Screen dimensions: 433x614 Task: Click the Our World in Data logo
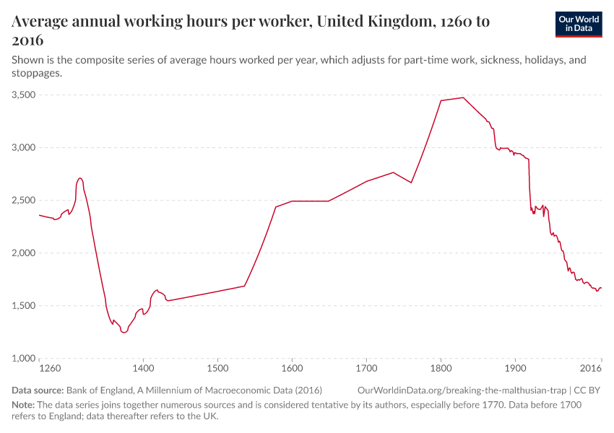click(x=578, y=24)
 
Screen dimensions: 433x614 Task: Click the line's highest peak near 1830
click(x=463, y=97)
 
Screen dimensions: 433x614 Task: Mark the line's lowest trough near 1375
click(x=124, y=333)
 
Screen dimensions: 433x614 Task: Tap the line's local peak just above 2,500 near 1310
click(x=80, y=178)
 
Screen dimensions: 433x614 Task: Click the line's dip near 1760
click(x=411, y=183)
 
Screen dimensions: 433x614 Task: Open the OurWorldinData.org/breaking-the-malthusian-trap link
click(x=462, y=390)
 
